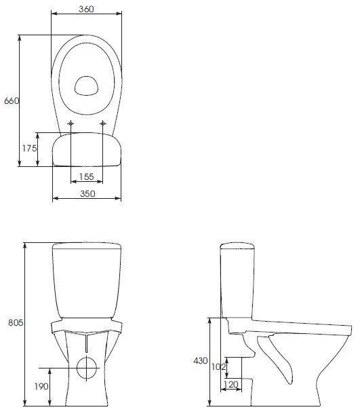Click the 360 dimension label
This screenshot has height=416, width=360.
85,10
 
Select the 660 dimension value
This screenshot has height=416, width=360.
11,100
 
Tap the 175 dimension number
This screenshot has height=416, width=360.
28,149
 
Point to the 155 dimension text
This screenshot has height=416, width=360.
86,176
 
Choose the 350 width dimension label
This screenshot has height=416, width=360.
86,193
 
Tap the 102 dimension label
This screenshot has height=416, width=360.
218,367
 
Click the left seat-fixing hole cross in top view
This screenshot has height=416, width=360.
71,123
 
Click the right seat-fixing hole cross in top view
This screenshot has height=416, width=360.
103,123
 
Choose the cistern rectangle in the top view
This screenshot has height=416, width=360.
86,149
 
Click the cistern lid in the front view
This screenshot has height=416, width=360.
86,246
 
